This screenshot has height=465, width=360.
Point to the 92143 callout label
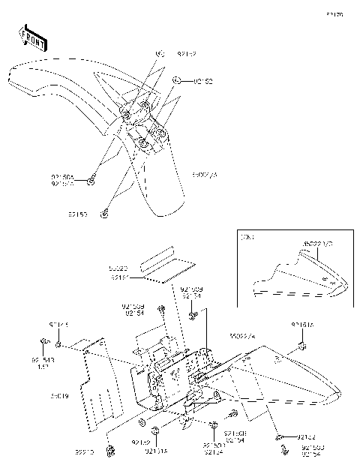coord(43,361)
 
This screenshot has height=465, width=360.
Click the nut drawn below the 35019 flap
coord(111,449)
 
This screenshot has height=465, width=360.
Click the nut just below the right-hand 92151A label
coord(301,346)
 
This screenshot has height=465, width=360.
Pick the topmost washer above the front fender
coord(160,54)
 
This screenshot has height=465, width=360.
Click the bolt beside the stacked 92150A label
coord(91,181)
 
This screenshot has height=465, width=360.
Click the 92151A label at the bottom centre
coord(155,451)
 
